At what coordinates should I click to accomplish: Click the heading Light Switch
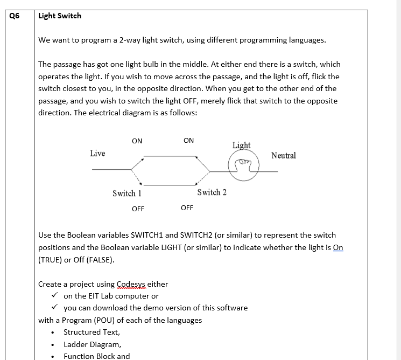tap(60, 16)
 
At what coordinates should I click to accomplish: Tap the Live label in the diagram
tap(97, 154)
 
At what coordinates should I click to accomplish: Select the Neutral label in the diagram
tap(283, 156)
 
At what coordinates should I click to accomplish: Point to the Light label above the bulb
tap(241, 145)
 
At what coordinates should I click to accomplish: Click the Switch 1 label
tap(126, 193)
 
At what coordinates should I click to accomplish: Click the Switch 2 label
tap(212, 192)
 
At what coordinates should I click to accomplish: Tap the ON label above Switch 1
tap(137, 141)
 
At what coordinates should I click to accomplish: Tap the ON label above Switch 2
tap(188, 141)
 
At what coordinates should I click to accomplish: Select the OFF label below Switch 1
tap(138, 209)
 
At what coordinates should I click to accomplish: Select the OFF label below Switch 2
tap(187, 208)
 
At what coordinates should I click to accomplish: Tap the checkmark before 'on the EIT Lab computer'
tap(54, 296)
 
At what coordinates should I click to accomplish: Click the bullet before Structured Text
tap(53, 333)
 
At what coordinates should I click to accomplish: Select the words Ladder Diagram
tap(92, 344)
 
